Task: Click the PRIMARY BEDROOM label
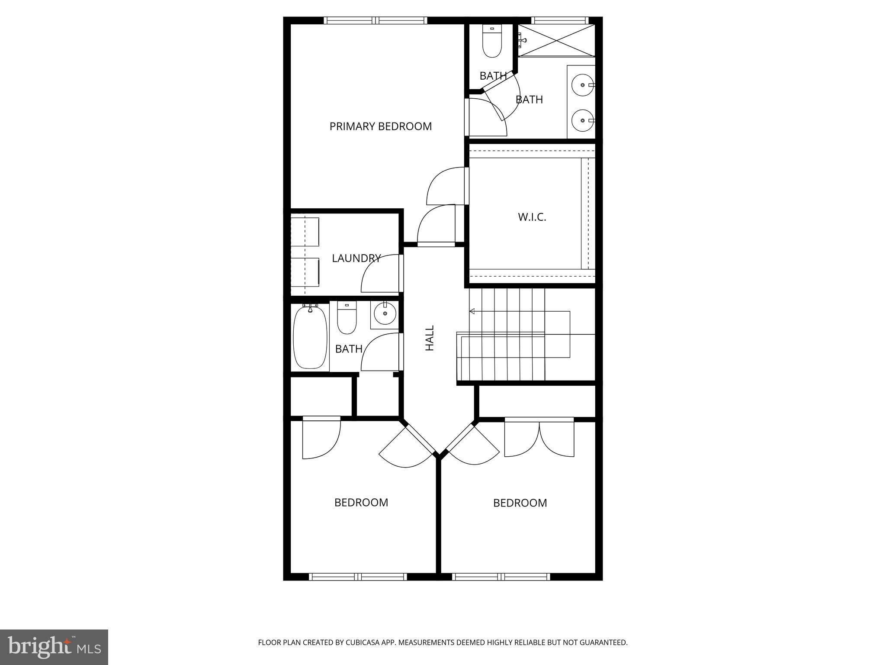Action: [x=380, y=126]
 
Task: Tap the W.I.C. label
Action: [x=532, y=217]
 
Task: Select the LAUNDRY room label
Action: [x=356, y=258]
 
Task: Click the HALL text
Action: [x=430, y=338]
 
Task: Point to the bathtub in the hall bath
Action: [x=310, y=337]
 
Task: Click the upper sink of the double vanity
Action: [x=583, y=85]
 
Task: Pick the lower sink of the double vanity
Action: [x=583, y=120]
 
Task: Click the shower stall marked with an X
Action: [x=556, y=40]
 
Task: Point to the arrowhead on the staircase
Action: [x=472, y=311]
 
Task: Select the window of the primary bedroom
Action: [x=376, y=20]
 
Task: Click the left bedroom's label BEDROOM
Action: [x=361, y=502]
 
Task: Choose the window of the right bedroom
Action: [x=501, y=577]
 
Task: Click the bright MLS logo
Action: [x=54, y=647]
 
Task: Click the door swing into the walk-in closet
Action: [x=446, y=186]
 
